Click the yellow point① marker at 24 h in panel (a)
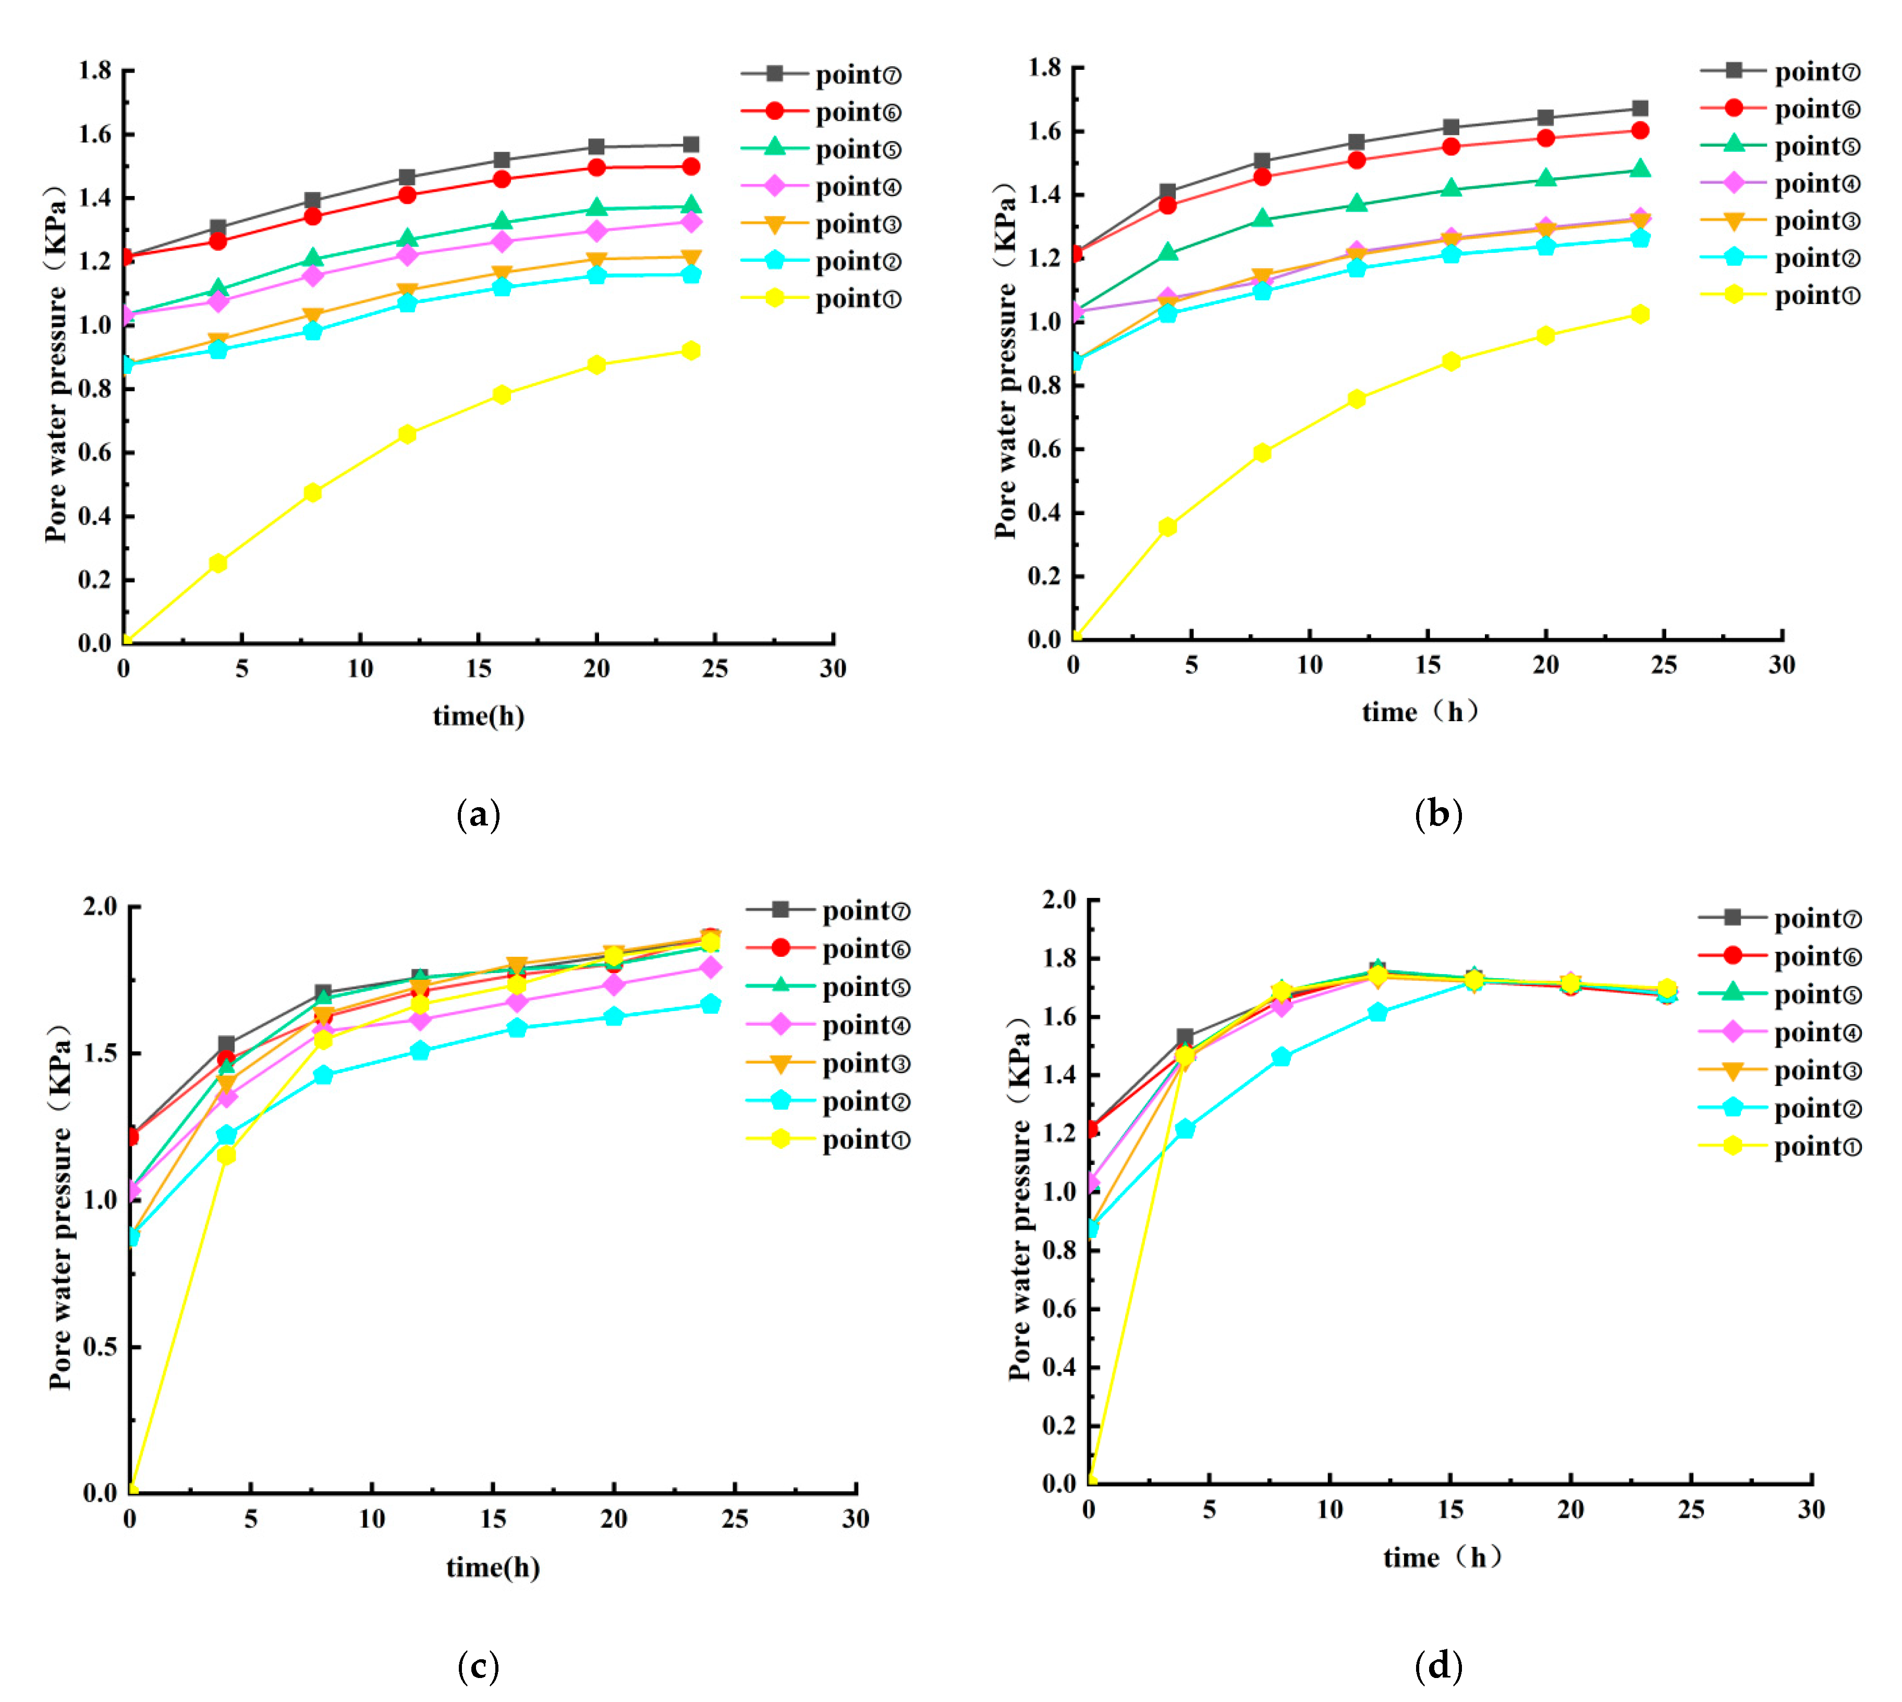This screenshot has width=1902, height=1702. (x=691, y=351)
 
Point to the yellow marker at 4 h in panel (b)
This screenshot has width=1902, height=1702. (x=1167, y=527)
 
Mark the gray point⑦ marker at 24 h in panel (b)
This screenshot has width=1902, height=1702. (x=1639, y=108)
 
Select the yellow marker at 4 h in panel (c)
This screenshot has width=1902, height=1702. (x=226, y=1155)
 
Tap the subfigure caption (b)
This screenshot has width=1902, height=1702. (x=1438, y=813)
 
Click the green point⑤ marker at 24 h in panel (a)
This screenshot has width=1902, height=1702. (x=691, y=206)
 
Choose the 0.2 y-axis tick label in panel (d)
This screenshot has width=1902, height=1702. (x=1058, y=1425)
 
